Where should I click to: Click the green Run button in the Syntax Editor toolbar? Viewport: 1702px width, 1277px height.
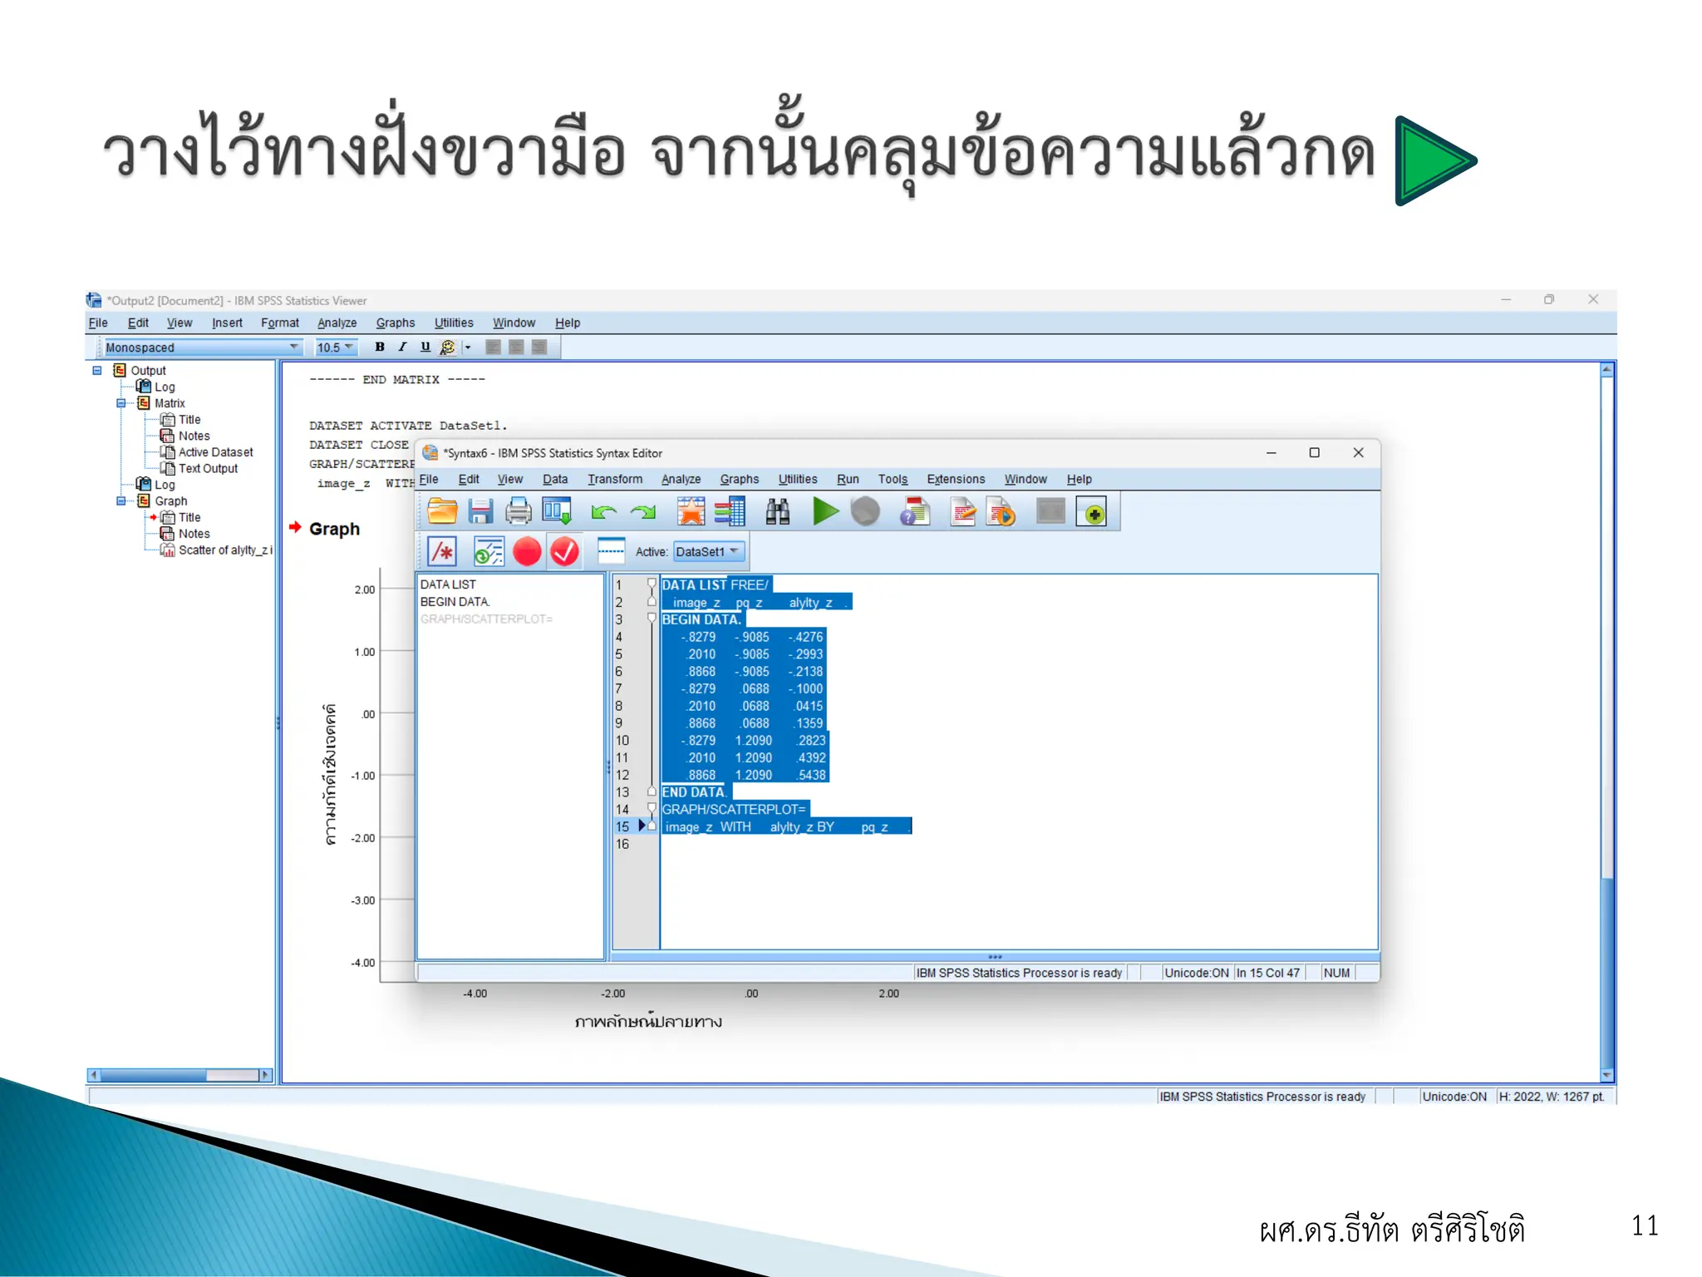(x=824, y=511)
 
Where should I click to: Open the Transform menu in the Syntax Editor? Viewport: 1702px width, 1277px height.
(x=614, y=479)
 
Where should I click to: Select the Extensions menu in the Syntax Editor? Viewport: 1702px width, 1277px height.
(x=955, y=479)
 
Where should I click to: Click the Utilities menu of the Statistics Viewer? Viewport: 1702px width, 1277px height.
(x=453, y=323)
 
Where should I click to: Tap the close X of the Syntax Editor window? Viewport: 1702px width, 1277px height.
(x=1358, y=452)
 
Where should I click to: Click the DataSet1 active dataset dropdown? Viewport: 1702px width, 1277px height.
(x=707, y=551)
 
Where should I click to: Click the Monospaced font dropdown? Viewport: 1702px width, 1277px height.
(x=200, y=347)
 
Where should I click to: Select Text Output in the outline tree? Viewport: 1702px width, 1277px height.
(x=208, y=468)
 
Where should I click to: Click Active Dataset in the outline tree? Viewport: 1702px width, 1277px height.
(x=215, y=452)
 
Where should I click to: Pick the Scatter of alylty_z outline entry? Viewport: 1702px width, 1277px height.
(x=224, y=550)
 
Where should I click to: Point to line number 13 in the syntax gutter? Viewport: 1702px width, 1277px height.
(x=622, y=791)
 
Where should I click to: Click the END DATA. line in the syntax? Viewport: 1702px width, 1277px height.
(x=694, y=791)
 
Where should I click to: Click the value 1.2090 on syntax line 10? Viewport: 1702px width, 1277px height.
(x=753, y=740)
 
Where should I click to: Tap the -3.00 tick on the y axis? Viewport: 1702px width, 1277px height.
(x=362, y=900)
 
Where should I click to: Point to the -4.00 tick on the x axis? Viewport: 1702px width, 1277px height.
(x=475, y=993)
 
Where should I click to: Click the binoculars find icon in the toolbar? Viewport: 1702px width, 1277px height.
(x=777, y=511)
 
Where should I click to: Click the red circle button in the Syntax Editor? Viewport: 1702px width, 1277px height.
(x=527, y=551)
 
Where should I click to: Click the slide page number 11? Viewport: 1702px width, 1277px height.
(x=1644, y=1225)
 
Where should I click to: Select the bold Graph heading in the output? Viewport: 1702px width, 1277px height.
(x=334, y=529)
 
